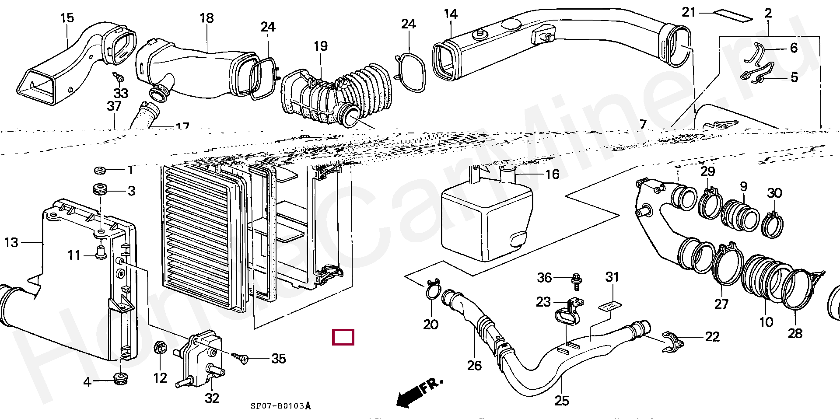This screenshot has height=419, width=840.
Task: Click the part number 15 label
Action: [x=67, y=18]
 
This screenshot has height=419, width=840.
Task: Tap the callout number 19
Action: [x=320, y=46]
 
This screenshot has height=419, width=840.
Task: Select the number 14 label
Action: [x=450, y=14]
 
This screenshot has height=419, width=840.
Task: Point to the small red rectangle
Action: [x=343, y=337]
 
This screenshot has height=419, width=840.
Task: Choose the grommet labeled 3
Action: [x=101, y=191]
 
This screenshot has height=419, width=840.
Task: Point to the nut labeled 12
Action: [x=161, y=348]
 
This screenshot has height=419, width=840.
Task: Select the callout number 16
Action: [x=552, y=175]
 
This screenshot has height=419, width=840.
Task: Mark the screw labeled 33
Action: [x=119, y=78]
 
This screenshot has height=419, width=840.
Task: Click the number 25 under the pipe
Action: [x=562, y=400]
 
